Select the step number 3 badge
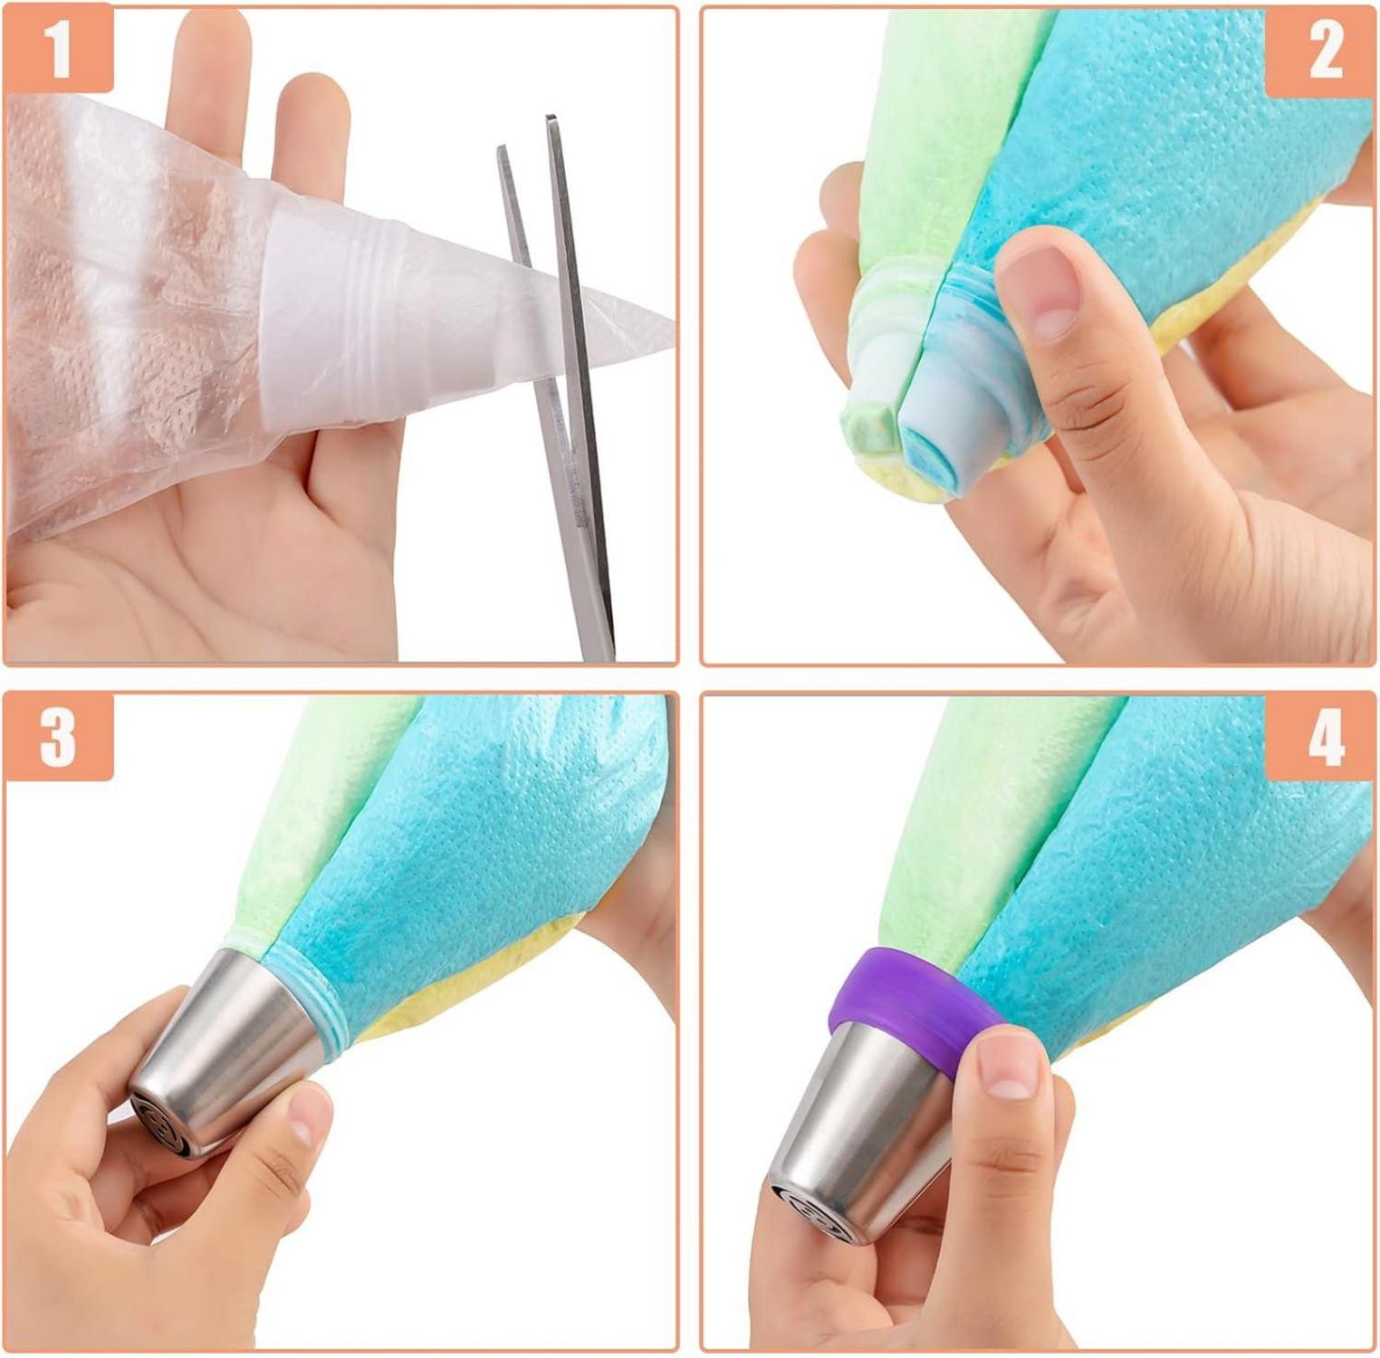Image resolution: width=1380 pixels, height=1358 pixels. tap(59, 737)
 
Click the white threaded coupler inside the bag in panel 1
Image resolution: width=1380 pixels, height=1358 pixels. tap(335, 321)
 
